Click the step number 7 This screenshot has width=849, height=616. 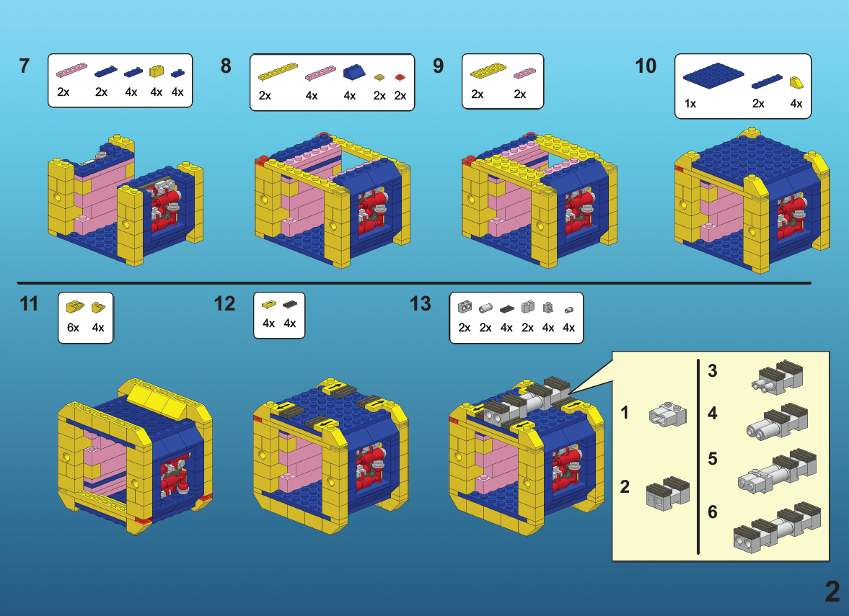[x=25, y=66]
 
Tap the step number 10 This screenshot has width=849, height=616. [x=646, y=66]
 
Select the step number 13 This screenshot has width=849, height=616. [x=421, y=304]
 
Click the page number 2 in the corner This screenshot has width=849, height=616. [x=832, y=592]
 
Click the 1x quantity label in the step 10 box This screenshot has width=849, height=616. [x=690, y=104]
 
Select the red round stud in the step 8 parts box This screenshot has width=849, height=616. [x=400, y=76]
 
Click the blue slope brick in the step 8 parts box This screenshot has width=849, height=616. [x=354, y=72]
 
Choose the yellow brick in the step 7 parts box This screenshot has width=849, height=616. [x=156, y=71]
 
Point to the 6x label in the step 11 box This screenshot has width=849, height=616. [x=74, y=327]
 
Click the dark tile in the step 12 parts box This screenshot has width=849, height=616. [x=290, y=305]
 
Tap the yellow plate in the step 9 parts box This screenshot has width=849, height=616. [x=488, y=71]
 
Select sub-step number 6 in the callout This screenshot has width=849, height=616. [x=713, y=512]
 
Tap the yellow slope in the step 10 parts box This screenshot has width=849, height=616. [x=796, y=81]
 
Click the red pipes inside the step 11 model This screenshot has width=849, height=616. [x=174, y=476]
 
